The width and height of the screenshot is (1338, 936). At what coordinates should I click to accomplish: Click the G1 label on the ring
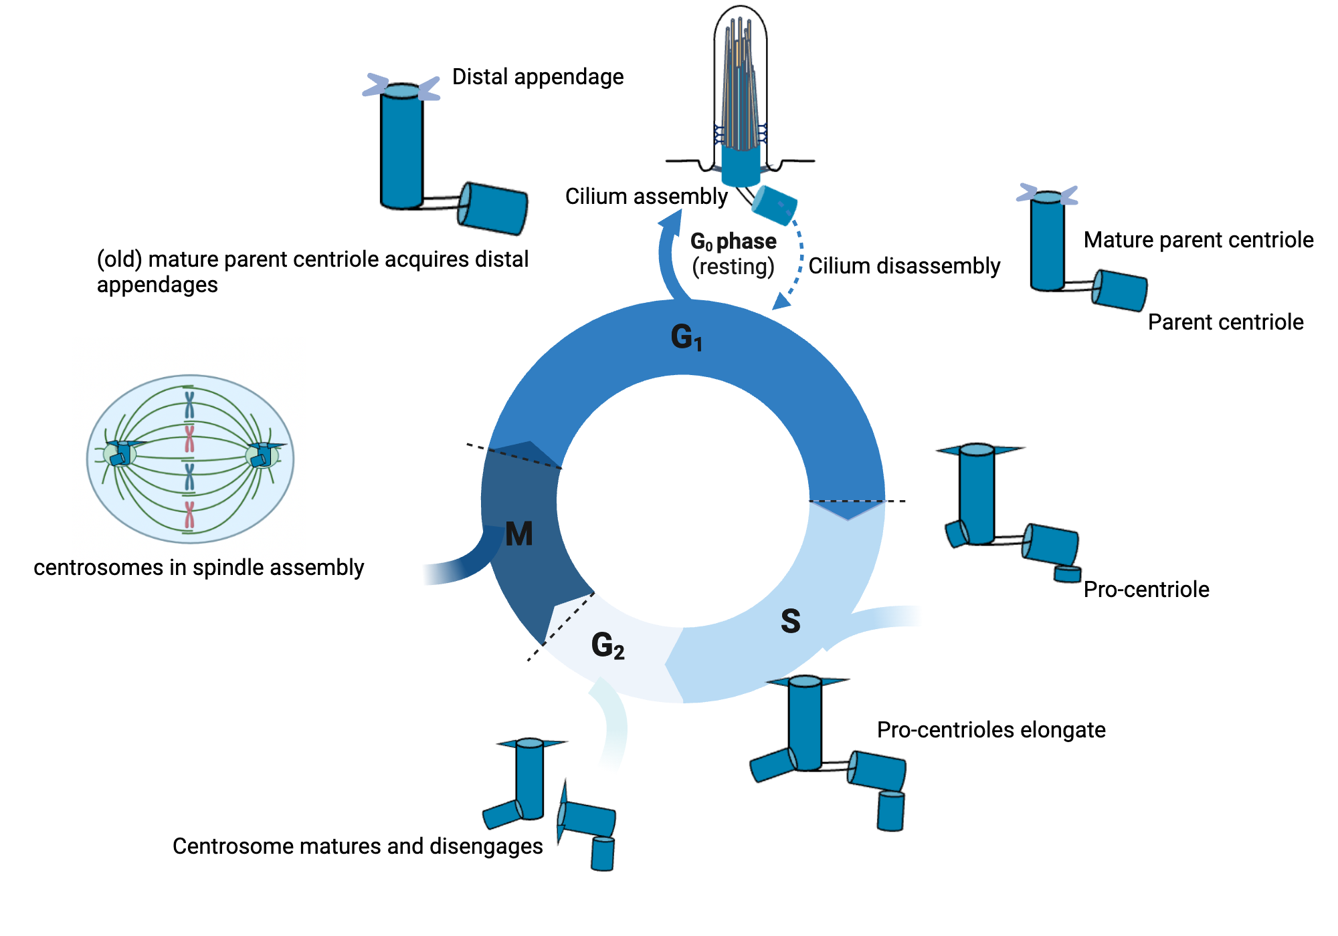click(686, 337)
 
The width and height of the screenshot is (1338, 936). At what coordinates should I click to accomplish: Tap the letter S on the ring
click(790, 621)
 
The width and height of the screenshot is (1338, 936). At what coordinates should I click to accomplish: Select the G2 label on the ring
click(607, 646)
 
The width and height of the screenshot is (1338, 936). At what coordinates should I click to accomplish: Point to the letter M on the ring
click(519, 534)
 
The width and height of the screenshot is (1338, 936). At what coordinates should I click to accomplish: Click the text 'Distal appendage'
click(537, 77)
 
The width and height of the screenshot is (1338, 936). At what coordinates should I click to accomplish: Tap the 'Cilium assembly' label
click(646, 197)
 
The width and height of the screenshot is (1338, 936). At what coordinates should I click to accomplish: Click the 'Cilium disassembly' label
click(904, 266)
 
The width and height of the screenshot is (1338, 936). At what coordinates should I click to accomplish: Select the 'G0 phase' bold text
click(733, 241)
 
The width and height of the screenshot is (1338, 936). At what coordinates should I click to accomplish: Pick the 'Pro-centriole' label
click(1146, 590)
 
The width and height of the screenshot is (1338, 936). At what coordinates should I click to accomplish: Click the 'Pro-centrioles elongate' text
click(991, 730)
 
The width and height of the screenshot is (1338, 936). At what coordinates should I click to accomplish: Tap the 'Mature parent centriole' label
click(1198, 240)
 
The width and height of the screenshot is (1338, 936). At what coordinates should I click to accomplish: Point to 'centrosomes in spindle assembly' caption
click(199, 568)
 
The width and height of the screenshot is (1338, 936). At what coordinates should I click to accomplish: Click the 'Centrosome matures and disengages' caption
click(357, 846)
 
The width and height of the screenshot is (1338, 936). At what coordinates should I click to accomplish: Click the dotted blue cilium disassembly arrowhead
click(780, 302)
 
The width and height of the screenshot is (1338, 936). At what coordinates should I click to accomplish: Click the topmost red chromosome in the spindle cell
click(190, 439)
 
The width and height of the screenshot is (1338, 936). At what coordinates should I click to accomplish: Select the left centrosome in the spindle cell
click(120, 455)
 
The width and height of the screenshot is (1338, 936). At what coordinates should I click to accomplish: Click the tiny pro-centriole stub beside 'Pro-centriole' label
click(1068, 574)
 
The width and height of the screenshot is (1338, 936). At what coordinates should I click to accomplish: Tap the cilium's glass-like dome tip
click(740, 17)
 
